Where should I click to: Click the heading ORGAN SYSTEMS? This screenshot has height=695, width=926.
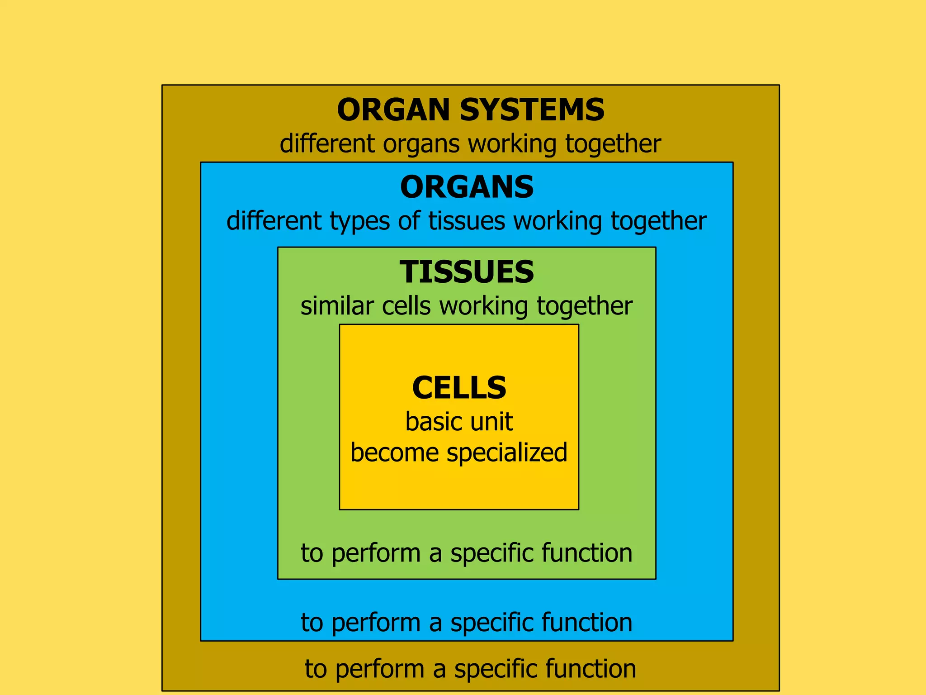point(470,110)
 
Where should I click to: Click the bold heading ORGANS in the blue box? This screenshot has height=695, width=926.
point(467,187)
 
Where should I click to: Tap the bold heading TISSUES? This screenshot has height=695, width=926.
point(467,272)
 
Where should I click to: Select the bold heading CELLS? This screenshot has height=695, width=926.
point(459,388)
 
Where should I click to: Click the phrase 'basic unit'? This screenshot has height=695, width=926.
point(459,422)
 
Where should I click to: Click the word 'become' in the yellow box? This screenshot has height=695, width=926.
point(394,453)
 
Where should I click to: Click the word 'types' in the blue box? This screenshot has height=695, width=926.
point(359,222)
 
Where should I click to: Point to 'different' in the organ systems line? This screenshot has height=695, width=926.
point(327,144)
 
